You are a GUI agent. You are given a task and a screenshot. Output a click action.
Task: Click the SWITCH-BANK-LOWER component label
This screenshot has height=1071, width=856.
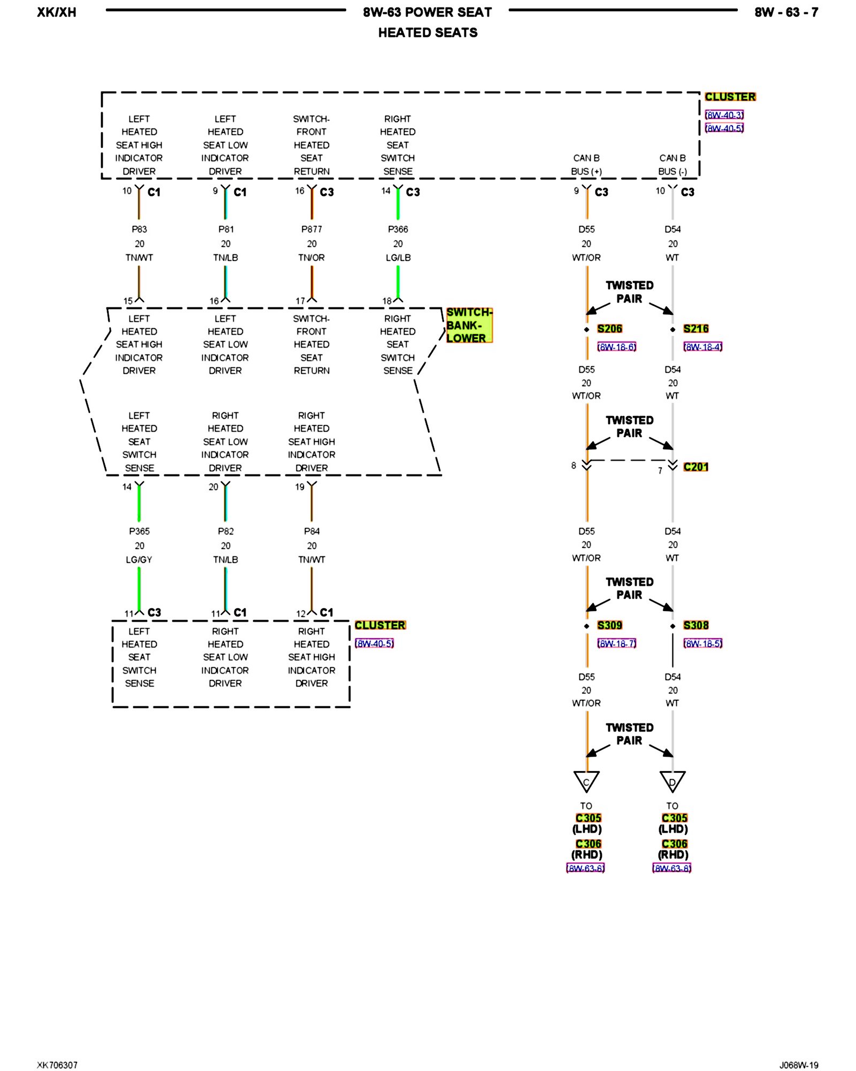[x=469, y=325]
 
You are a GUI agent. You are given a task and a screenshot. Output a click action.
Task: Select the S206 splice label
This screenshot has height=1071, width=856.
[x=609, y=329]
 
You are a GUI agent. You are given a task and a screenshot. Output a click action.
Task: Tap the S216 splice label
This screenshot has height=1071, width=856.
[x=695, y=329]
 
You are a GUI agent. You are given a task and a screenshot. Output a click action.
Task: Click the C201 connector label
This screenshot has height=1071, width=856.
[x=695, y=467]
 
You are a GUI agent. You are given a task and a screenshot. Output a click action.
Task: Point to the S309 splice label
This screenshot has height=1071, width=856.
[x=609, y=625]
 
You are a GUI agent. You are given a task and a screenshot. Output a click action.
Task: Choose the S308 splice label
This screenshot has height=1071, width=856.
[x=695, y=625]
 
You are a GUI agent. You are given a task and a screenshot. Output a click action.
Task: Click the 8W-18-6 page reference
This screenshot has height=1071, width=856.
[x=616, y=347]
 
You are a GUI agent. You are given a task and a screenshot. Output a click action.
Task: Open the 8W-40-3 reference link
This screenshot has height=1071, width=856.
[x=724, y=115]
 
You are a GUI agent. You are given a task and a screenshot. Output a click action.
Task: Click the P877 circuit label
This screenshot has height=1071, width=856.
[x=311, y=229]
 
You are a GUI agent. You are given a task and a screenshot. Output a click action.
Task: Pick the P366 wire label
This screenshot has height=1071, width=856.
[x=398, y=229]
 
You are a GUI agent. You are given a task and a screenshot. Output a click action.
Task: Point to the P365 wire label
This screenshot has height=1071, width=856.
[x=139, y=531]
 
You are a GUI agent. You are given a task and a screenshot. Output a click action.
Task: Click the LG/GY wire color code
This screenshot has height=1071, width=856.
[x=139, y=560]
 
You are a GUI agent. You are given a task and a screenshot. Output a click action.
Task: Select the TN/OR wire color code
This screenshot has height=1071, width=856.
[x=311, y=258]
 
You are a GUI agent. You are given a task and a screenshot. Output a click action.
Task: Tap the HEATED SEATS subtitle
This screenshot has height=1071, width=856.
[x=427, y=33]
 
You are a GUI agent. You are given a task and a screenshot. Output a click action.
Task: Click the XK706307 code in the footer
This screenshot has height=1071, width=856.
[x=57, y=1065]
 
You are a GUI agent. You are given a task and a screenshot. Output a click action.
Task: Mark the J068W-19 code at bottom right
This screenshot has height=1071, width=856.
[x=798, y=1065]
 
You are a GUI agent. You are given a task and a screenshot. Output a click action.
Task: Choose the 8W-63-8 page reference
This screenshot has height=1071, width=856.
[x=671, y=868]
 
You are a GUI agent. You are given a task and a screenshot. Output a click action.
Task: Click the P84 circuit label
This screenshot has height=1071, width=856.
[x=311, y=531]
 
